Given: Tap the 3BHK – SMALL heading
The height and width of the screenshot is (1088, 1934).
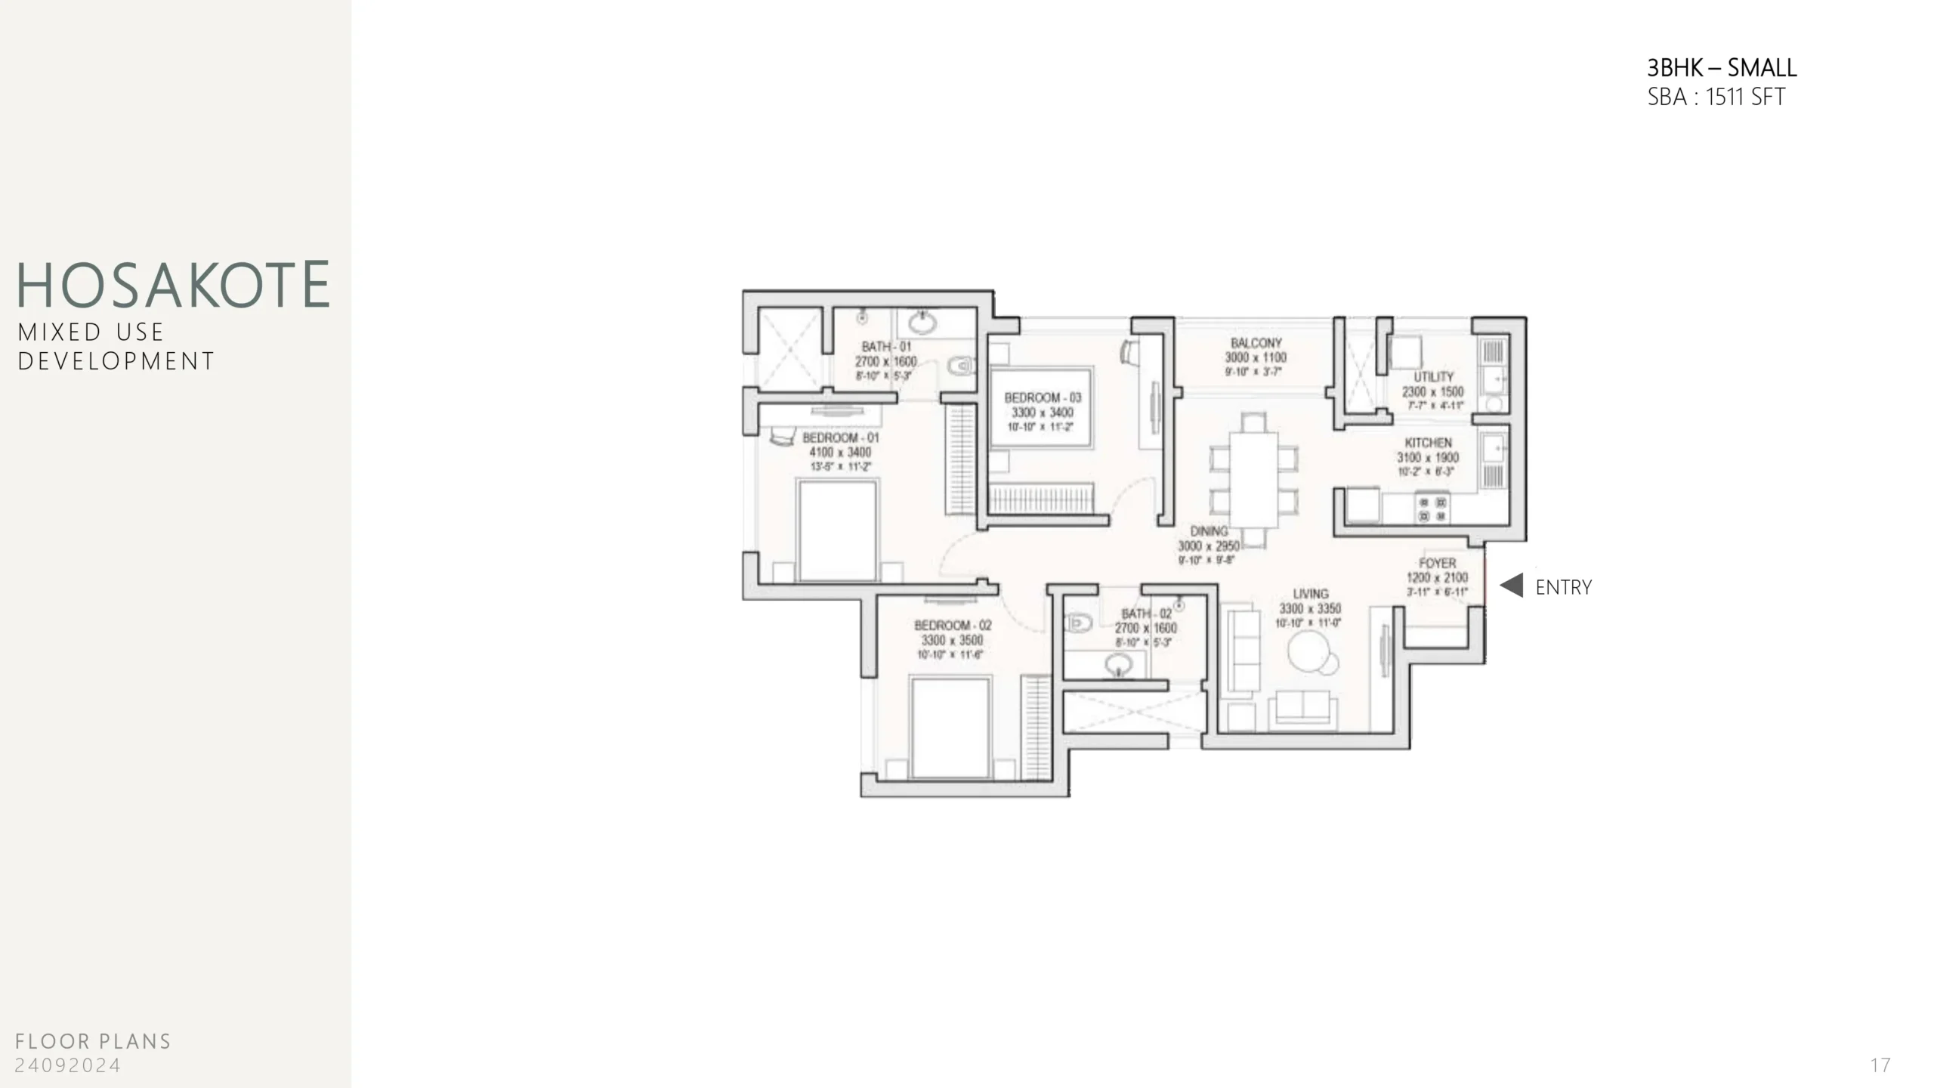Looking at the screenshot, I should pyautogui.click(x=1721, y=68).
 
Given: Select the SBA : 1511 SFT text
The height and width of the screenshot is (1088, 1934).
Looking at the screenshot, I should pyautogui.click(x=1716, y=97).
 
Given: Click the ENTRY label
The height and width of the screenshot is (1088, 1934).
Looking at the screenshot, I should pyautogui.click(x=1563, y=587).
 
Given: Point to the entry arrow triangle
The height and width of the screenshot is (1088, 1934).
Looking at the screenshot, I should pyautogui.click(x=1512, y=586).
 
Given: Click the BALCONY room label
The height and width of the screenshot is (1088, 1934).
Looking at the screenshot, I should pyautogui.click(x=1256, y=343).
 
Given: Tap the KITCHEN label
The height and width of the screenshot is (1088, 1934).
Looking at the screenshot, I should pyautogui.click(x=1428, y=443).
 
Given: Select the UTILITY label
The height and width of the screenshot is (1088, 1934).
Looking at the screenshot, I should pyautogui.click(x=1433, y=377).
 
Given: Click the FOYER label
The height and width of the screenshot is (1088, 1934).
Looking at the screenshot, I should pyautogui.click(x=1437, y=564).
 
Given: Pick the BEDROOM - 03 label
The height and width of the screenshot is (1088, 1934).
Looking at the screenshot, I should pyautogui.click(x=1043, y=397).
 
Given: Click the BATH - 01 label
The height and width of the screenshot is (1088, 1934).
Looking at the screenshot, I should pyautogui.click(x=886, y=347).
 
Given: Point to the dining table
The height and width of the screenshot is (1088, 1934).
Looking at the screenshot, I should pyautogui.click(x=1254, y=479).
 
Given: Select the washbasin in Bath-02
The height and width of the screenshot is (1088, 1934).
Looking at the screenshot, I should pyautogui.click(x=1118, y=666).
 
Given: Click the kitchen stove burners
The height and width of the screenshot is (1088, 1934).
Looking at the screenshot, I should pyautogui.click(x=1432, y=508).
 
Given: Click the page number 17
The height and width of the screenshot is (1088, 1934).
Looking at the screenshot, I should pyautogui.click(x=1880, y=1065).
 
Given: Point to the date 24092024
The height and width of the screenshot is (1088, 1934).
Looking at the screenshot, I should pyautogui.click(x=68, y=1065).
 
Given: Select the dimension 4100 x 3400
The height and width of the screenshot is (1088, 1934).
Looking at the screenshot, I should pyautogui.click(x=840, y=453).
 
